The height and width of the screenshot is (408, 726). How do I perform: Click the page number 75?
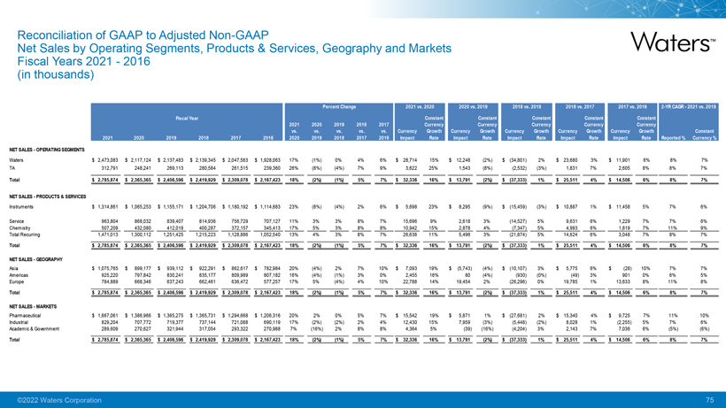[x=709, y=400]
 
